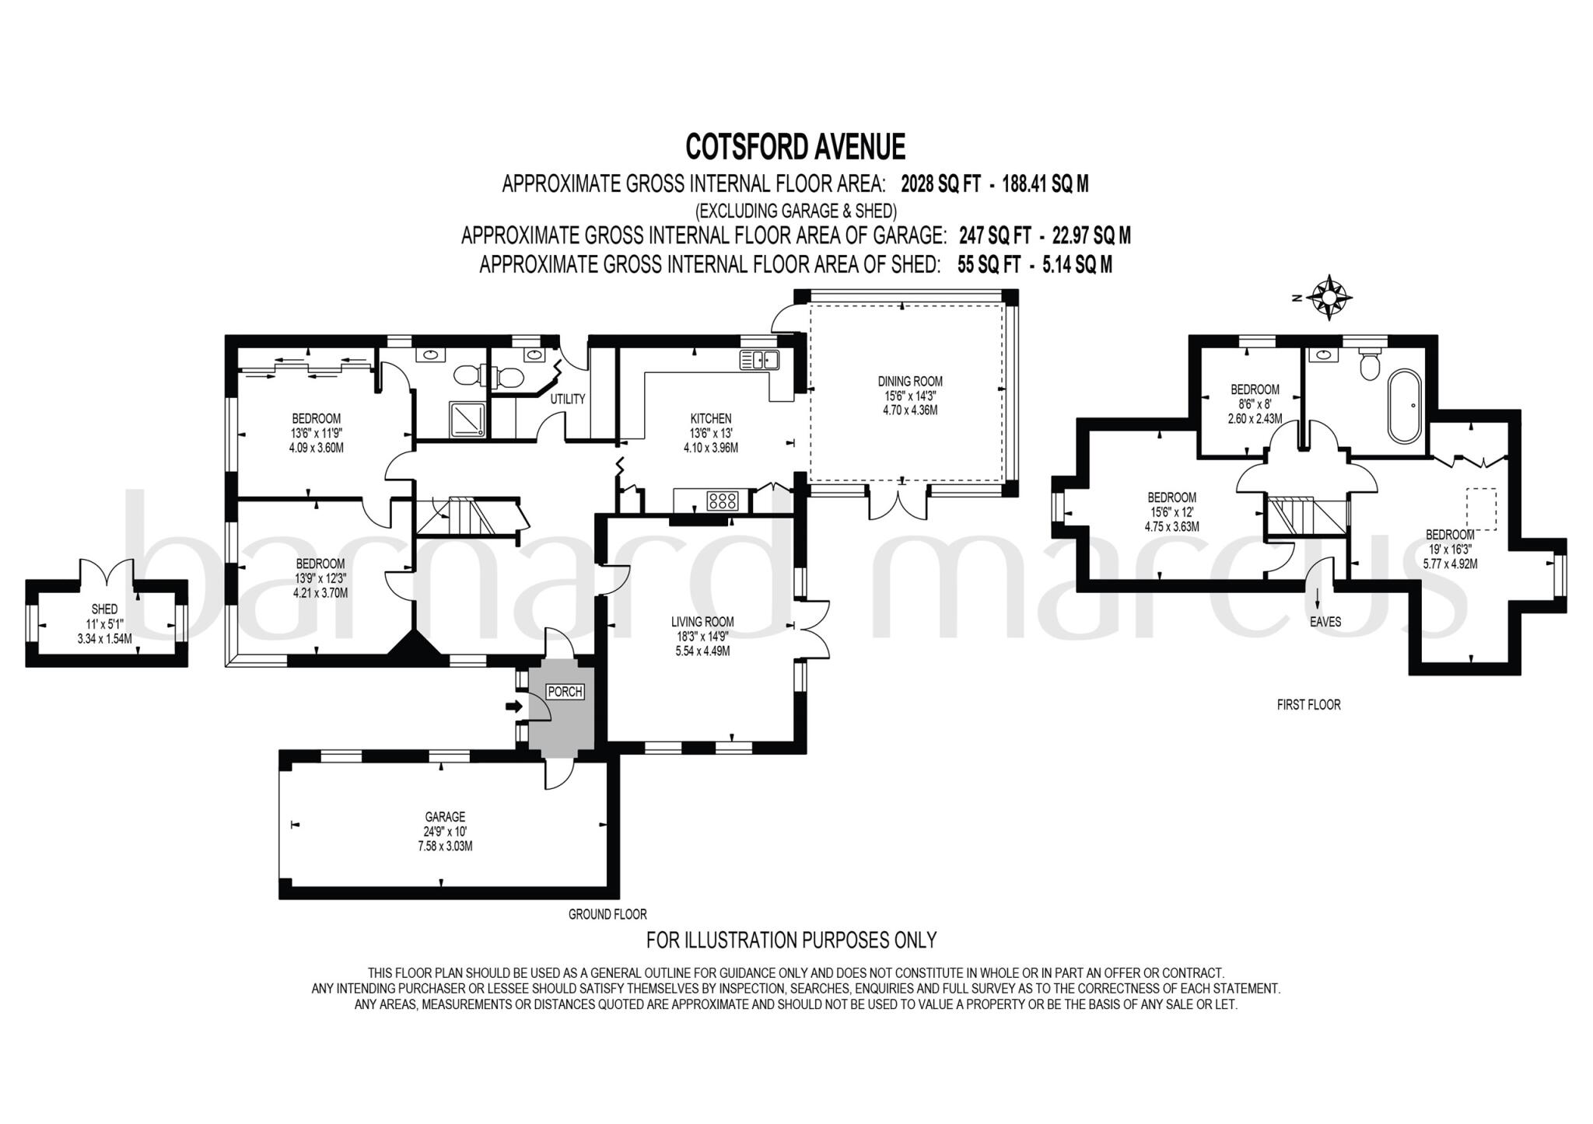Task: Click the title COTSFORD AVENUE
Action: [795, 147]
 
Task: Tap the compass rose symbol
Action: [1330, 297]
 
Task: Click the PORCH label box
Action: [565, 692]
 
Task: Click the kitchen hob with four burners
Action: [723, 501]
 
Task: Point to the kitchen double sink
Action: [760, 359]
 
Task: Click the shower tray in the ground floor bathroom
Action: [470, 418]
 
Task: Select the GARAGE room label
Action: [445, 817]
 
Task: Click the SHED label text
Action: [104, 609]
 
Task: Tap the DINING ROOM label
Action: [910, 382]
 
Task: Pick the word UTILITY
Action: [567, 399]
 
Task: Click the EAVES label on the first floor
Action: [1325, 622]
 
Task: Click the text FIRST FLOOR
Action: [1308, 705]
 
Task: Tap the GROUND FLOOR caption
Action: [607, 914]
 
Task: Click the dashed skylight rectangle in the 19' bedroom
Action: [1481, 508]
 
